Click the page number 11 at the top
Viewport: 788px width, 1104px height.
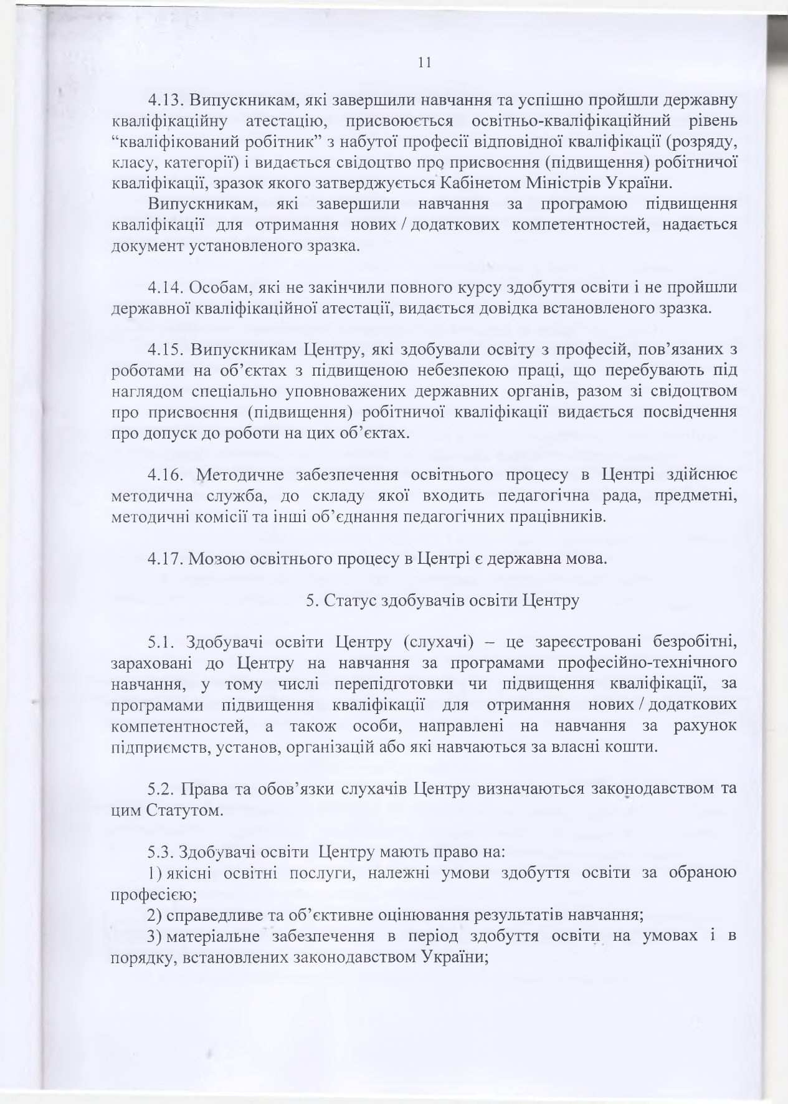(x=425, y=62)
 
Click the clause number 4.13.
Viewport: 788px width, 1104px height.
(x=164, y=101)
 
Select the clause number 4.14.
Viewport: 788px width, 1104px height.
(x=164, y=288)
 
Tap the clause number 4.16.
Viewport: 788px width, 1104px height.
(x=164, y=476)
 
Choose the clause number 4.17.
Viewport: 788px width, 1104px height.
(x=164, y=558)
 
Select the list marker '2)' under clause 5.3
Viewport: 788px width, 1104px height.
(x=155, y=915)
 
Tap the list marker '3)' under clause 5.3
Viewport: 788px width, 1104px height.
(x=154, y=936)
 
